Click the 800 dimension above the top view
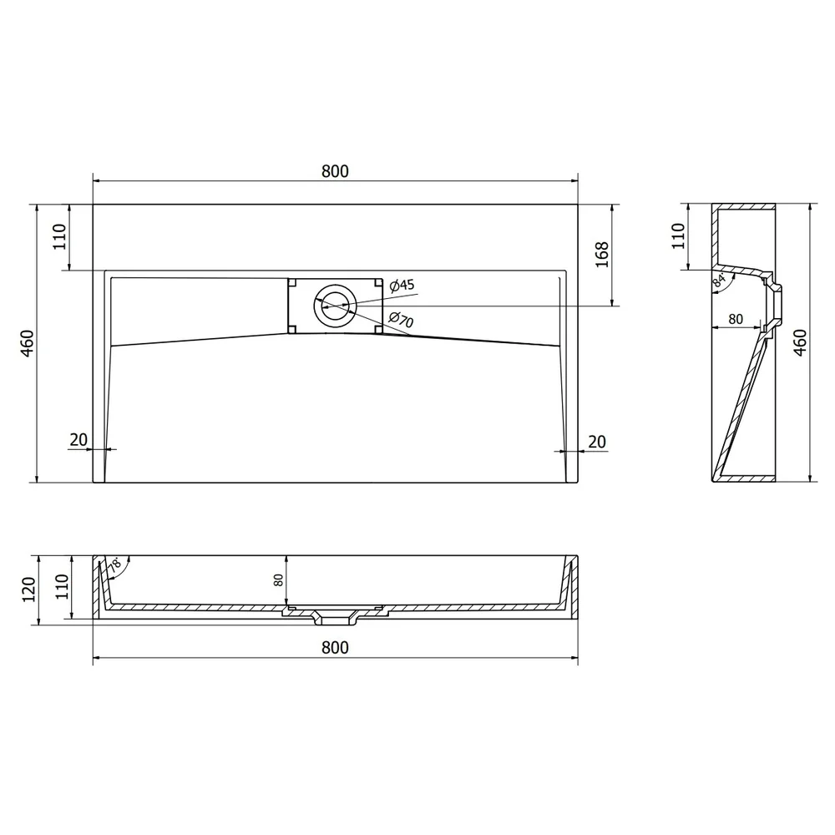point(335,171)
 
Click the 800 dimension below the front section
point(335,648)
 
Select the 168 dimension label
point(602,255)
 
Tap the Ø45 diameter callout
point(402,286)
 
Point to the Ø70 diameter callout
point(401,320)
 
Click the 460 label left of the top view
point(27,343)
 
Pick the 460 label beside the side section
point(800,342)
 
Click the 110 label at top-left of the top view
point(59,236)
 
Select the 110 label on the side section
point(678,235)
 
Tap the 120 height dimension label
point(28,589)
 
